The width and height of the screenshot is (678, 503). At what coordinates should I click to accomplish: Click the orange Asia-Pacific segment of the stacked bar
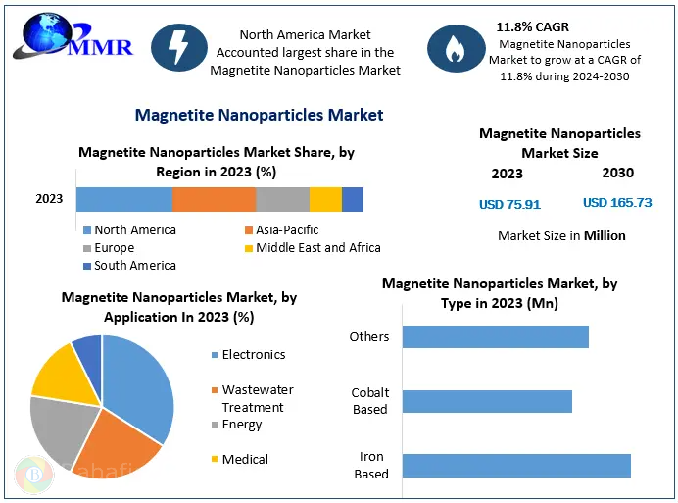click(214, 199)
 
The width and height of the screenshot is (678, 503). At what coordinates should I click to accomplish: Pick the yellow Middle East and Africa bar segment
click(325, 199)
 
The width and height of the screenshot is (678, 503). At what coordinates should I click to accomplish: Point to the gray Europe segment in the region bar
click(282, 199)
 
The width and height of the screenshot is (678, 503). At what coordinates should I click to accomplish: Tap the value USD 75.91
click(509, 205)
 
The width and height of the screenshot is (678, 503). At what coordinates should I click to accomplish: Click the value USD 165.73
click(617, 203)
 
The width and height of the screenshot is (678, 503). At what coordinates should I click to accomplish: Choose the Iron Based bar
click(516, 465)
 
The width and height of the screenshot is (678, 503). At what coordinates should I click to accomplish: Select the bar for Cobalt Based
click(487, 401)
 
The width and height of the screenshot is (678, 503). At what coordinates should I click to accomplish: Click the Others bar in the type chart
click(495, 337)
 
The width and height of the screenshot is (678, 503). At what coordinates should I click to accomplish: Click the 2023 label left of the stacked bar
click(49, 199)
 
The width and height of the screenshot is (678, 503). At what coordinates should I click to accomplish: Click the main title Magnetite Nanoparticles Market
click(259, 116)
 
